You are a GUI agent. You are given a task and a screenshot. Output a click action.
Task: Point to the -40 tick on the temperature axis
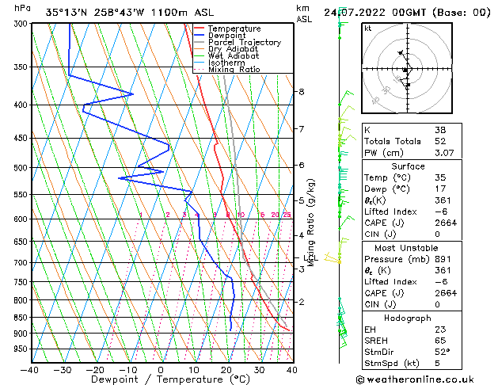click(29, 369)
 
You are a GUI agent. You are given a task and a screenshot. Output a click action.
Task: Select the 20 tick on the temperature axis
click(226, 369)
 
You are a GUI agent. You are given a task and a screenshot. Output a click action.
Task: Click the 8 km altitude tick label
click(302, 92)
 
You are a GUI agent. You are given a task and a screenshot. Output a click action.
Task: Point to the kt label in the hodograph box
click(367, 29)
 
